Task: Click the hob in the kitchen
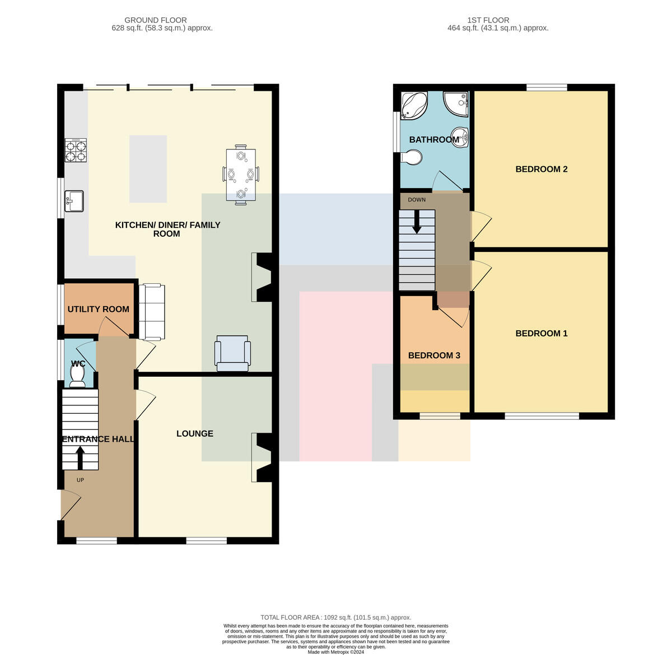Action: (76, 150)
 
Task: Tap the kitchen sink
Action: (74, 201)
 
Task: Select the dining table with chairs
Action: (241, 175)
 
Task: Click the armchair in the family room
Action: (232, 353)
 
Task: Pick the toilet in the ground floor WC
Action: (78, 376)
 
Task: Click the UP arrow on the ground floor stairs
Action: (80, 458)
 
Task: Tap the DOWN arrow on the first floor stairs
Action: (417, 222)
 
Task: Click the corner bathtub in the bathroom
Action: (414, 106)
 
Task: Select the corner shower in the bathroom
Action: (455, 103)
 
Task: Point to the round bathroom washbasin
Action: (460, 137)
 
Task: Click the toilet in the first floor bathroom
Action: (411, 158)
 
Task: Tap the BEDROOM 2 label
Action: (541, 169)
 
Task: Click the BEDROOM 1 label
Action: (541, 333)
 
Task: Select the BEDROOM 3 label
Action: (434, 355)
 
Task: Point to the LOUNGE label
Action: (195, 433)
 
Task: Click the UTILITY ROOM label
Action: (99, 309)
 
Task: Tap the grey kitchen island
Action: (148, 169)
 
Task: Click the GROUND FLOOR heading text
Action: (155, 20)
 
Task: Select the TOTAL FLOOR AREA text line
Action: (335, 617)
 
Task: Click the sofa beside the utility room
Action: (152, 312)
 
